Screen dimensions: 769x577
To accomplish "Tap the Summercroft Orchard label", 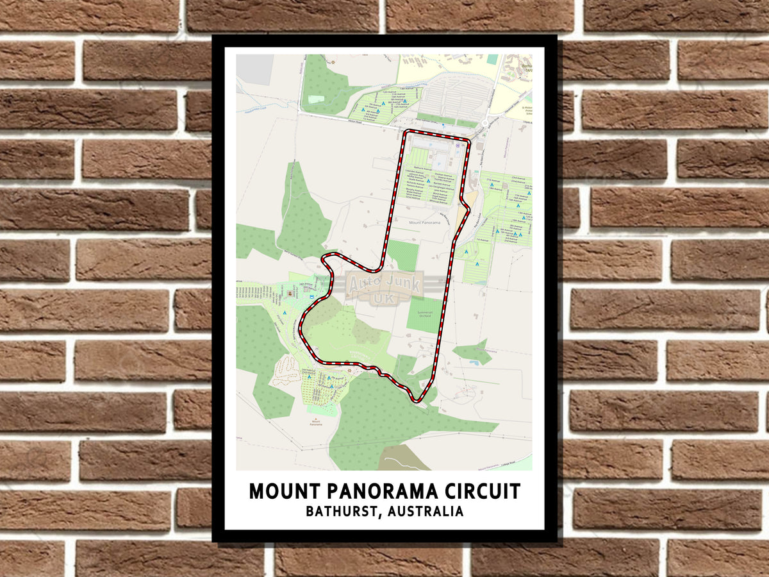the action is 424,313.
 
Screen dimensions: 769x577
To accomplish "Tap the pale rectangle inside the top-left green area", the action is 317,99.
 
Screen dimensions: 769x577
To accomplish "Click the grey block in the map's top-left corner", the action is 254,69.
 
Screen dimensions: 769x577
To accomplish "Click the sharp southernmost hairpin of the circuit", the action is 418,401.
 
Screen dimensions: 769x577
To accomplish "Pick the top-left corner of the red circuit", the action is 404,133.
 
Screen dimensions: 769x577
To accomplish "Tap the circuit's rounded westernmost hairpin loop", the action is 326,259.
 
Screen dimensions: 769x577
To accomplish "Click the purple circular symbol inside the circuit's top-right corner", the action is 458,145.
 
